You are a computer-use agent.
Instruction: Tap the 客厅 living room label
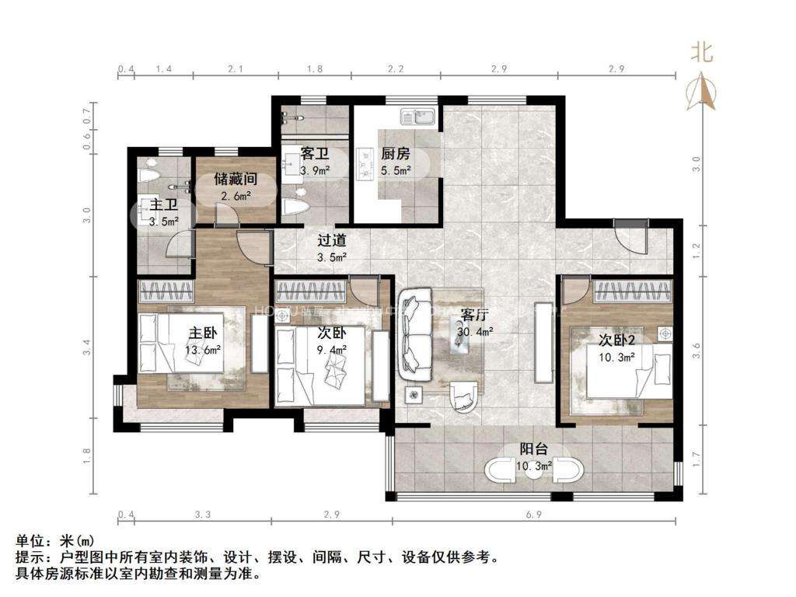pos(474,315)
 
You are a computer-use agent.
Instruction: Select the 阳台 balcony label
pos(534,449)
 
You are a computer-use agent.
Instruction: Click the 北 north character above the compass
pos(703,52)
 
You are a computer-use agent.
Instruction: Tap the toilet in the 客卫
pos(295,207)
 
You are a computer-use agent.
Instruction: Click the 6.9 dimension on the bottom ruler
pos(533,515)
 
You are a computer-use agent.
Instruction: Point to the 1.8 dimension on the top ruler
pos(314,70)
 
